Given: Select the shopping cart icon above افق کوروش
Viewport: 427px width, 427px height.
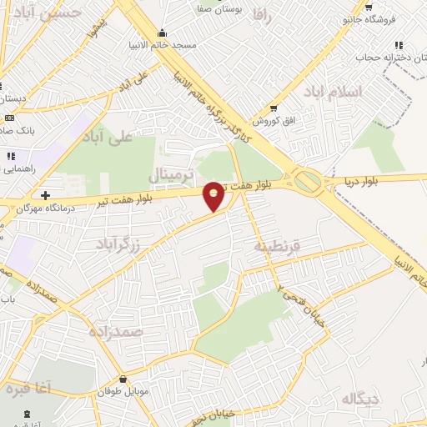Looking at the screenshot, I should tap(274, 108).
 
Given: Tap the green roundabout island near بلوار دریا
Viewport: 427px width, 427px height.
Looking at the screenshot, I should tap(308, 180).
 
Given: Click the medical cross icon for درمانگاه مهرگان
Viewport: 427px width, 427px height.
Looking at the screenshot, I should tap(45, 195).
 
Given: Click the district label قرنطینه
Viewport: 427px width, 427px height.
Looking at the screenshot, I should tap(274, 246).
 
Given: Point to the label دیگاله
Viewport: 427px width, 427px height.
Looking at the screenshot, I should tap(360, 399).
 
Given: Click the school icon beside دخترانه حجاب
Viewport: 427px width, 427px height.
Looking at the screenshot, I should tap(397, 45).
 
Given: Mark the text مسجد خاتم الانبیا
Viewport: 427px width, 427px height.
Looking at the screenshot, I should tap(163, 44).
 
